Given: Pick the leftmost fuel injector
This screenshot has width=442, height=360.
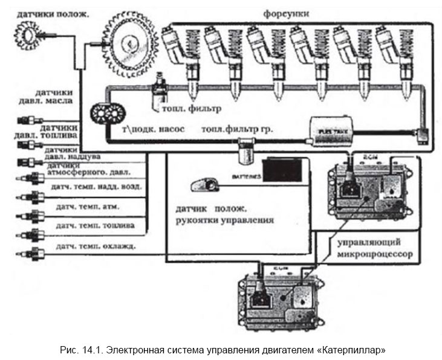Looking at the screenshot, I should tap(181, 60).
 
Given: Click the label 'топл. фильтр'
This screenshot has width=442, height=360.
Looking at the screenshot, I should tap(188, 109).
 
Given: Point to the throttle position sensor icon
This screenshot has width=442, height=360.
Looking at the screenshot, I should tap(203, 183).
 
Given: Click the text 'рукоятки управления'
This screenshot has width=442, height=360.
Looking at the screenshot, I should tap(221, 220).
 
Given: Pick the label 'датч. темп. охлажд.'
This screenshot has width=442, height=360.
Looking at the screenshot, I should tap(95, 246).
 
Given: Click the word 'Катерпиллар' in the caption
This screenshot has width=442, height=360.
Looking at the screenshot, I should tap(353, 349).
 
